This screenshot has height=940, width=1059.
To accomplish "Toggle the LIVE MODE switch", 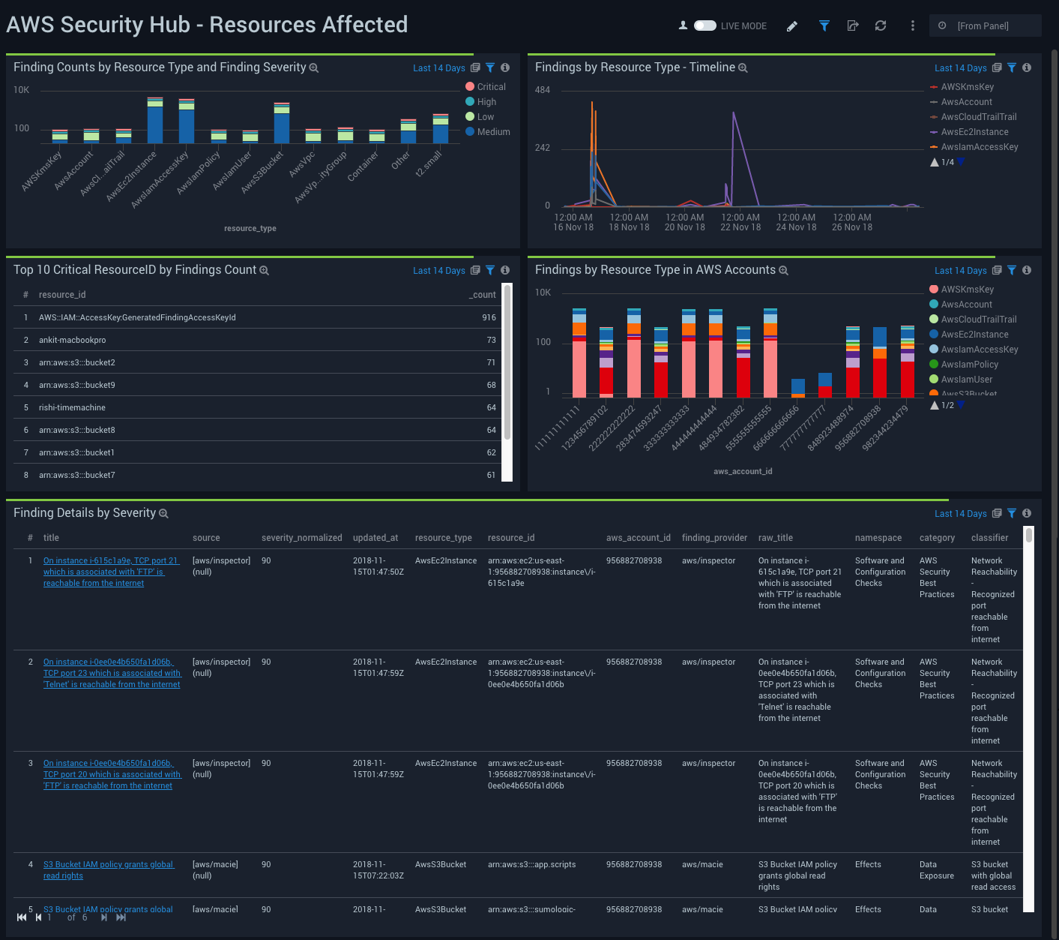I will tap(705, 26).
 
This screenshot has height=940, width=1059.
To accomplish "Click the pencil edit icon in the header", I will tap(792, 26).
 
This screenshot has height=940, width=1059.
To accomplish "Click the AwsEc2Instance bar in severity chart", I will tap(155, 123).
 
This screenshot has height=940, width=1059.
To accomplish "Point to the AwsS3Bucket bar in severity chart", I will tap(282, 126).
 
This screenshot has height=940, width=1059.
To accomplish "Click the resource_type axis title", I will tap(250, 229).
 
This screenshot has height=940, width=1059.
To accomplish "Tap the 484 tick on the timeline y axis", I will tap(543, 90).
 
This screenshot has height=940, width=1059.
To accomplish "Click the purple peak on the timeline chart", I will tap(734, 114).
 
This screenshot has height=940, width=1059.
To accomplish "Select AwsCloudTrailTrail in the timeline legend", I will tap(979, 117).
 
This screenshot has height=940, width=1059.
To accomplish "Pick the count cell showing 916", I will tap(489, 318).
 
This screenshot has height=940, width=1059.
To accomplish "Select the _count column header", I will tap(483, 295).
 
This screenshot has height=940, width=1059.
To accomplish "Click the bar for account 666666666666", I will tap(798, 387).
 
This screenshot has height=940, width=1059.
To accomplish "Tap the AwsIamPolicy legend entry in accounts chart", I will tap(969, 365).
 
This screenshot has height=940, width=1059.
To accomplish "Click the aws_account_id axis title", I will tap(743, 472).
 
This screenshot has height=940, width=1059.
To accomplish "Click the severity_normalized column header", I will tap(301, 538).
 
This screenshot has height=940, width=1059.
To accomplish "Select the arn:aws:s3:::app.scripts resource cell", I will tap(532, 865).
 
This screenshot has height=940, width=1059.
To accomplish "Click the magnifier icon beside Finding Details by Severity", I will tap(163, 514).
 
